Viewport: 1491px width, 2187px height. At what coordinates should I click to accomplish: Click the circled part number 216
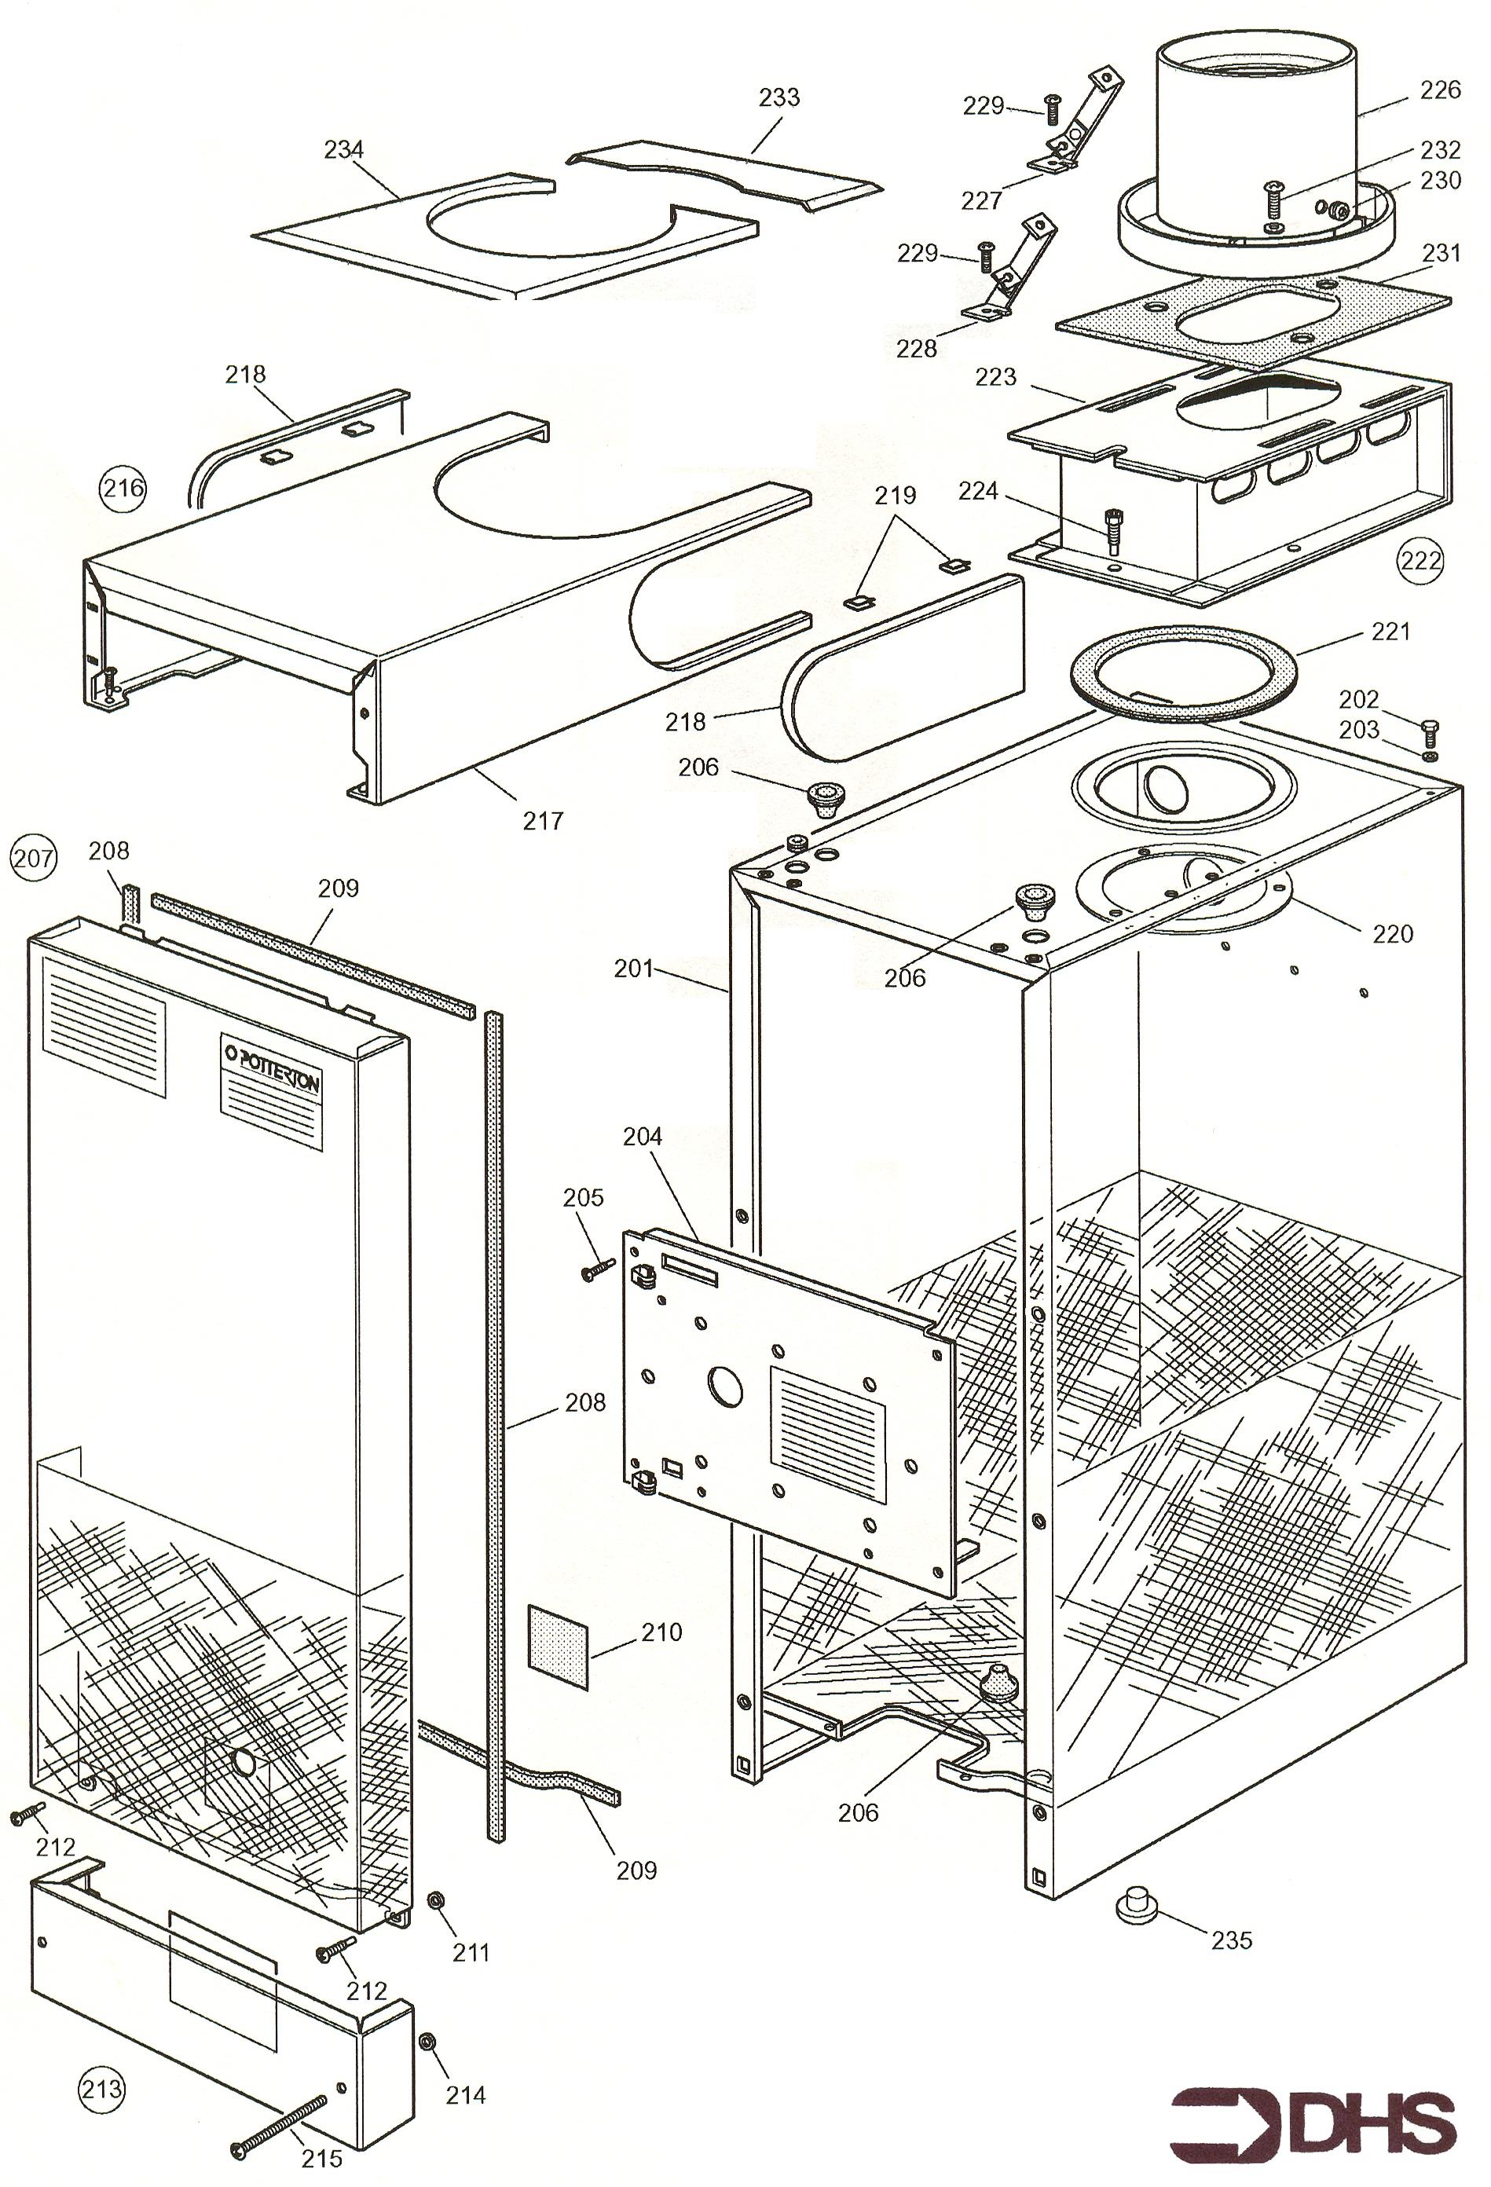click(x=123, y=488)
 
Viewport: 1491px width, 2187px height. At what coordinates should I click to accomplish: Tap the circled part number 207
click(x=33, y=859)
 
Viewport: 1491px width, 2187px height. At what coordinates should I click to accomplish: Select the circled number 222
click(x=1420, y=560)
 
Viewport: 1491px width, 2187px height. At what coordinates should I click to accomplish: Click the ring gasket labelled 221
click(x=1183, y=676)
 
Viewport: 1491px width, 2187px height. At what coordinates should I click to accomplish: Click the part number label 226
click(x=1440, y=90)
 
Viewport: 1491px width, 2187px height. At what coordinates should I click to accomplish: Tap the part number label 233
click(x=779, y=97)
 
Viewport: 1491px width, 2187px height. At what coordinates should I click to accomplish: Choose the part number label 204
click(x=643, y=1137)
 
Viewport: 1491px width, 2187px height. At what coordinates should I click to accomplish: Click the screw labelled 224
click(x=1111, y=533)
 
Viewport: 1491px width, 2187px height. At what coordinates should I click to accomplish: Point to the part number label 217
click(x=543, y=821)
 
